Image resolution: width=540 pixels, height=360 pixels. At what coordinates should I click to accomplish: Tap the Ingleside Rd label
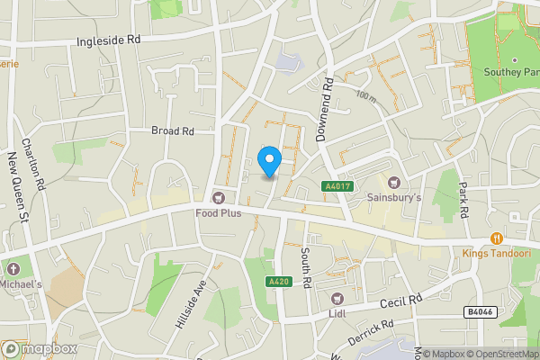coord(110,40)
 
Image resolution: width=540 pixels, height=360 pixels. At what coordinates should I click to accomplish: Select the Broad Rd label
coord(173,130)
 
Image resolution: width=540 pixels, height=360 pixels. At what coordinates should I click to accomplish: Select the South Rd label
coord(306,267)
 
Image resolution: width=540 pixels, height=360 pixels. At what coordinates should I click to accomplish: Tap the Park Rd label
coord(464,199)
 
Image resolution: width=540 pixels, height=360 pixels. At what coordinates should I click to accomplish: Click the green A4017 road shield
coord(336,185)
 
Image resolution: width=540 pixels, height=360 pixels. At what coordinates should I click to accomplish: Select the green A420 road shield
coord(278,282)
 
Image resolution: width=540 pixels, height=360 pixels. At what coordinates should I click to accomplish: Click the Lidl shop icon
coord(337,298)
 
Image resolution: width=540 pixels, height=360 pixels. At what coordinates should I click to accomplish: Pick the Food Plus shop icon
coord(217,197)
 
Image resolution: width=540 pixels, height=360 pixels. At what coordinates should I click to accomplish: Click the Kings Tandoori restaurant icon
coord(496,238)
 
